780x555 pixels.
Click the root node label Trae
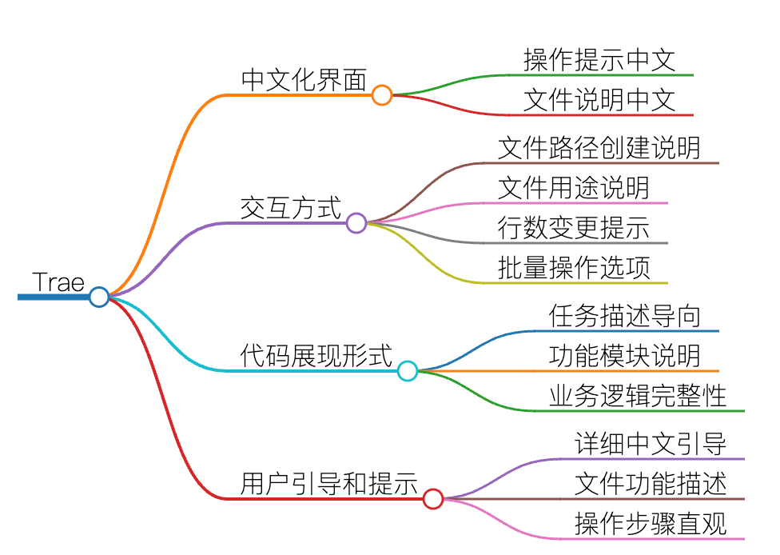(58, 282)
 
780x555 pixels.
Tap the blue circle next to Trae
(99, 297)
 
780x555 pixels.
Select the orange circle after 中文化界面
(381, 94)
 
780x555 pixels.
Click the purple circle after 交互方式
(356, 222)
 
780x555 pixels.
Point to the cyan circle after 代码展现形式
(408, 371)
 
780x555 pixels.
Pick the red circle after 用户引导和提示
(433, 499)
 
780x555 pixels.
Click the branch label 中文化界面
(304, 80)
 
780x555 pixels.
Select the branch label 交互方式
(291, 208)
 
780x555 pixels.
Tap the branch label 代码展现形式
(316, 356)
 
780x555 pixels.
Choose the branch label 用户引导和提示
(328, 483)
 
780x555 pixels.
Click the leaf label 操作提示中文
(599, 60)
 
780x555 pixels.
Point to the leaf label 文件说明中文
(599, 99)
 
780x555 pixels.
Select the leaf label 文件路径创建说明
(599, 148)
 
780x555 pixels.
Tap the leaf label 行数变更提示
(574, 228)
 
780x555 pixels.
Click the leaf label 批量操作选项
(574, 268)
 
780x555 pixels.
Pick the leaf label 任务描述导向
(625, 316)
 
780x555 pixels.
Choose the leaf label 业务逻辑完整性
(637, 396)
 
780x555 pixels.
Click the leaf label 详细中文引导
(651, 444)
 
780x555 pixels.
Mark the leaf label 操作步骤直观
(651, 524)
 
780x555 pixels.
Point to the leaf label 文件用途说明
(574, 188)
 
